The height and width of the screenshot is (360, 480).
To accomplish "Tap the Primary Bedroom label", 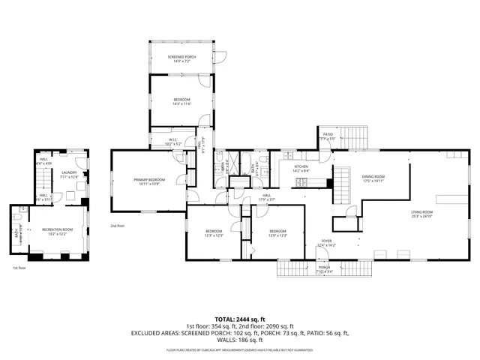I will (x=149, y=179).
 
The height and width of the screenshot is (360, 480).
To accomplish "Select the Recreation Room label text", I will (x=57, y=229).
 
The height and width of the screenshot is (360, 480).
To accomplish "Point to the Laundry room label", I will (x=68, y=172).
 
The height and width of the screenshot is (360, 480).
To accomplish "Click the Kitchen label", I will (x=301, y=166).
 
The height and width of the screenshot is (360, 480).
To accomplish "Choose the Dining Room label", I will (x=373, y=175).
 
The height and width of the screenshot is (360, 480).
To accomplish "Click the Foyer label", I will (x=326, y=241).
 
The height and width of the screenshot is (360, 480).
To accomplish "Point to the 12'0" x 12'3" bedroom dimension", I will (x=277, y=235).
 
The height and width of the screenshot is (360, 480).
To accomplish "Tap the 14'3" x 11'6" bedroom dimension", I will (x=182, y=104).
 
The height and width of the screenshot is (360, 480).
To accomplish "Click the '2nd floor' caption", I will (x=118, y=226).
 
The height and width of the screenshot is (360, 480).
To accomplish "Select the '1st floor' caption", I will (x=20, y=267).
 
